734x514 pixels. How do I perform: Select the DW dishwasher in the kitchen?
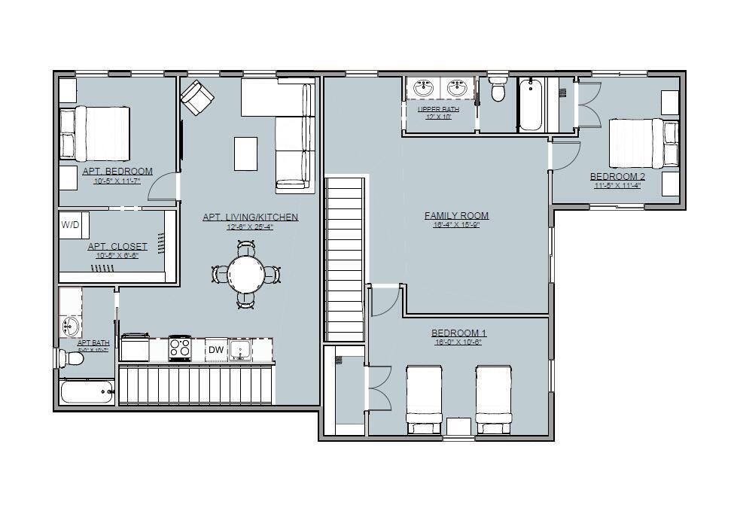coord(216,349)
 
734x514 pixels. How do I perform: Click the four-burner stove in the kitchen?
coord(180,348)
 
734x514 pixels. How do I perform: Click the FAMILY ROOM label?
coord(456,216)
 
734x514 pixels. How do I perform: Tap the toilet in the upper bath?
coord(498,90)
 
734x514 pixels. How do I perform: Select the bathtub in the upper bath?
coord(531,105)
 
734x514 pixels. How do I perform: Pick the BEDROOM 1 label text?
coord(458,333)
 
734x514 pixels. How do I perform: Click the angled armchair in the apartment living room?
coord(197,97)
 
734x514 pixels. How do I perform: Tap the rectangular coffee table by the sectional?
coord(245,154)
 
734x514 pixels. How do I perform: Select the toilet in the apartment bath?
coord(72,358)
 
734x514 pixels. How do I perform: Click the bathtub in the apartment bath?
coord(87,392)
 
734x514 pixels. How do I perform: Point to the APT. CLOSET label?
coord(117,246)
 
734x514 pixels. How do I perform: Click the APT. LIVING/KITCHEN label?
coord(250,217)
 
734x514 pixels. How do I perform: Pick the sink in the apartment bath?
coord(69,326)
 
